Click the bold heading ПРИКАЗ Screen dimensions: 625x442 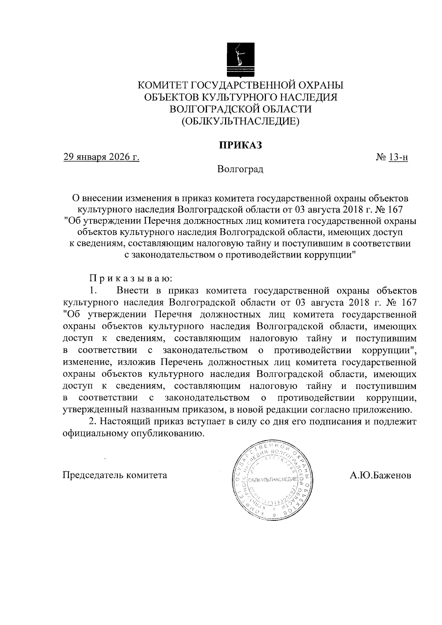pos(240,145)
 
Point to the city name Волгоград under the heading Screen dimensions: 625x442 pos(240,169)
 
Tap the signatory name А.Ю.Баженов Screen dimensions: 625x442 pos(380,475)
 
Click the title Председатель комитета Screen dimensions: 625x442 pos(115,475)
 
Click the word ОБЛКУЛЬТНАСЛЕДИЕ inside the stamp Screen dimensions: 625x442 pos(272,481)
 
